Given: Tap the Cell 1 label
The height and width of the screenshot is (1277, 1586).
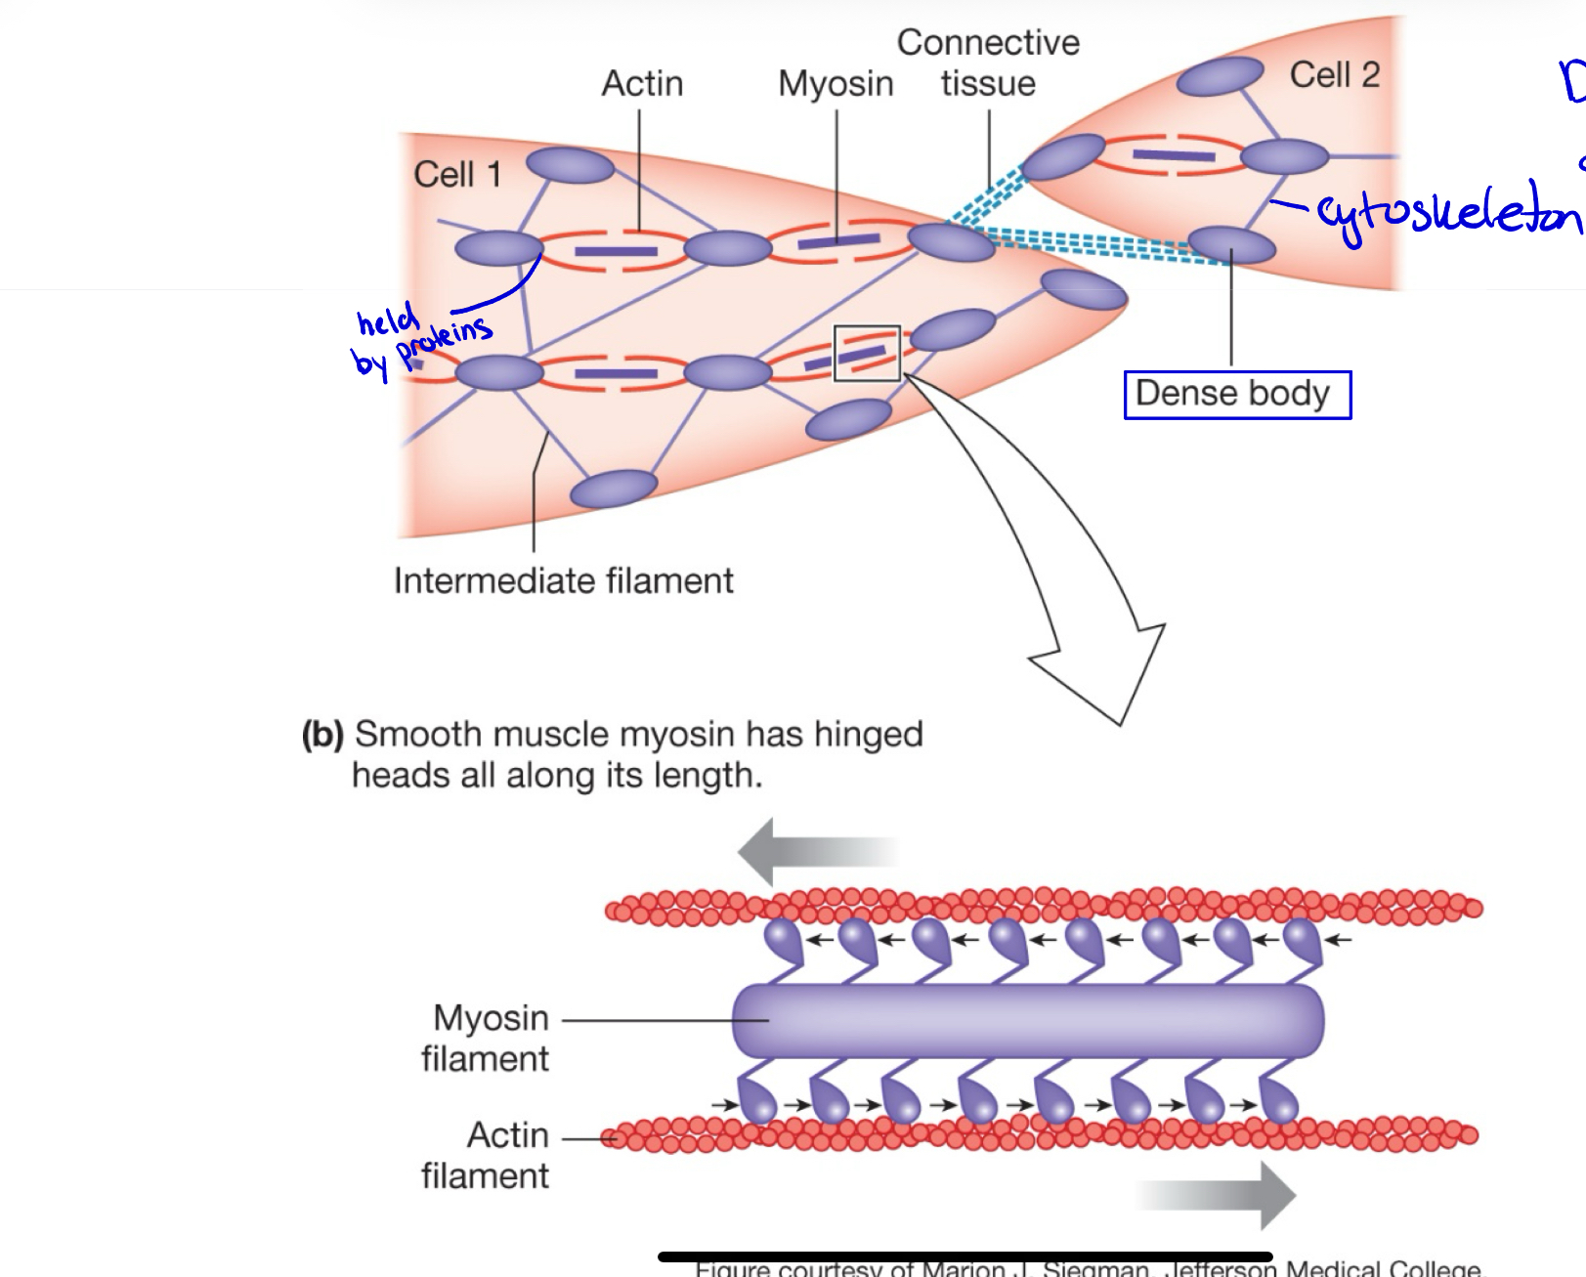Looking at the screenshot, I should click(457, 175).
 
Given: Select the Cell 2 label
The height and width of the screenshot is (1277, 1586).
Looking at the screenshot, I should click(1334, 75).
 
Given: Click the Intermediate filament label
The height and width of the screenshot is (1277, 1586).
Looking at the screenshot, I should click(563, 581).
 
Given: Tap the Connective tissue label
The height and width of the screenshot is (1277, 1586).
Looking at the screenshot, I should click(988, 63).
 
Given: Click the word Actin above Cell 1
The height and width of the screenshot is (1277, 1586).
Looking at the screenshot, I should click(642, 84).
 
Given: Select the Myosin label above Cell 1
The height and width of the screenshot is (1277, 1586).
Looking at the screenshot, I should click(836, 84).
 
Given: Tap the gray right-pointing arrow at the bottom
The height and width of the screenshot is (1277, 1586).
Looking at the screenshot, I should click(1222, 1195).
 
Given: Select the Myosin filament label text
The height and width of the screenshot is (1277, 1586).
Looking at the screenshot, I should click(486, 1039).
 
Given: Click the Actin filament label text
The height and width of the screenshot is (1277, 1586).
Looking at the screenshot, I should click(486, 1156).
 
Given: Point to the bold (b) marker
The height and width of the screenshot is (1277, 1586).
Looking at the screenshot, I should click(322, 735).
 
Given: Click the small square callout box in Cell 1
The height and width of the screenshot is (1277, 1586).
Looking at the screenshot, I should click(866, 354).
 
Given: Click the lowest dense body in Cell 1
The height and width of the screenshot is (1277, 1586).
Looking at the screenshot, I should click(614, 489).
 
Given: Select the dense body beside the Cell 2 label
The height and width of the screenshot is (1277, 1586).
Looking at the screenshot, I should click(1221, 76).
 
